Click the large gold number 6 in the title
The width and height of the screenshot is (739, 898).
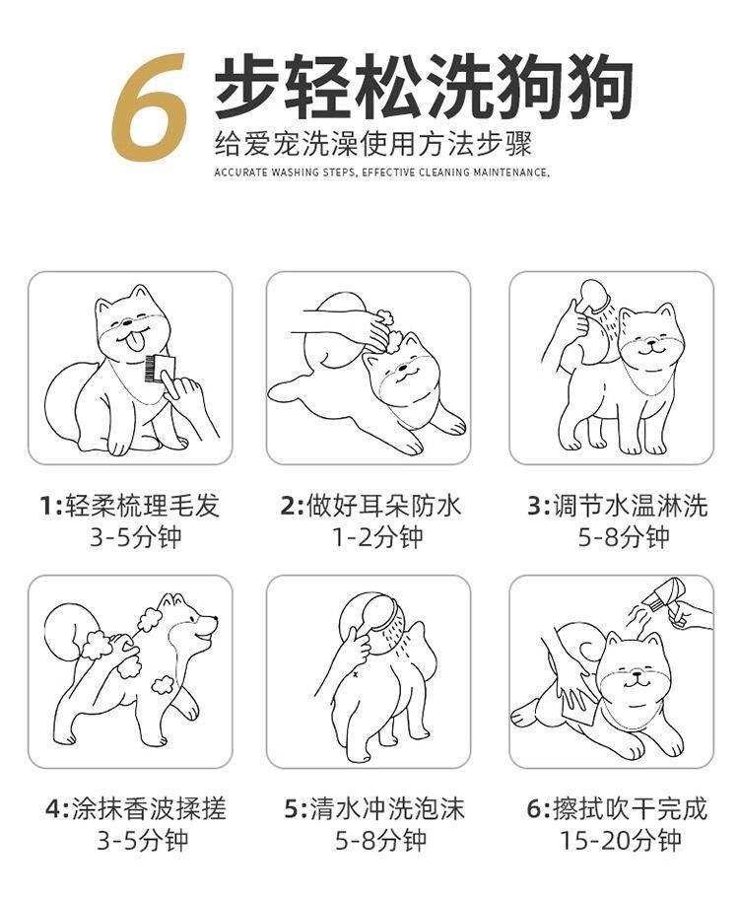(x=150, y=107)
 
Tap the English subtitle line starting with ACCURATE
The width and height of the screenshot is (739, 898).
(x=381, y=173)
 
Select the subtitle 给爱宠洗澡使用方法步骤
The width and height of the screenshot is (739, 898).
(x=373, y=144)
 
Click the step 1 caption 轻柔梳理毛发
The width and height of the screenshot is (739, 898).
(x=143, y=506)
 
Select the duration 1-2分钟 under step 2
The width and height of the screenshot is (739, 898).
(x=378, y=537)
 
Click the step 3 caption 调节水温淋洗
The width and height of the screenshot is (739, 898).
(x=631, y=506)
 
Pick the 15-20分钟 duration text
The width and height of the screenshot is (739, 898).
(x=620, y=840)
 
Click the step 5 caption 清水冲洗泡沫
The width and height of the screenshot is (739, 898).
(x=386, y=809)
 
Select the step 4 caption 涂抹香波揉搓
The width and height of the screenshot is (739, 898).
(x=150, y=809)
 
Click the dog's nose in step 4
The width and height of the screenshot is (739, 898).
(x=214, y=619)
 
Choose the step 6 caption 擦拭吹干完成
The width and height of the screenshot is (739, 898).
(x=631, y=809)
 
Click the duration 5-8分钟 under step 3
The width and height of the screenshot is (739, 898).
(x=624, y=537)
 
